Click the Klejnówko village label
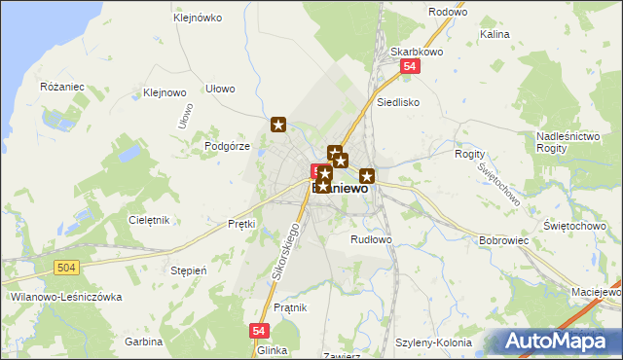tap(198, 18)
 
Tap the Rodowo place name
tap(448, 12)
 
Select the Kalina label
tap(495, 34)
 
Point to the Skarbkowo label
tap(410, 52)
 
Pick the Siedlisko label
tap(398, 100)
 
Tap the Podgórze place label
tap(228, 146)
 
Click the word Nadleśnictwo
tap(567, 136)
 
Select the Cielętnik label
tap(149, 220)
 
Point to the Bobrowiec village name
tap(503, 239)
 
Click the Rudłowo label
tap(371, 238)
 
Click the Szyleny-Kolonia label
tap(433, 342)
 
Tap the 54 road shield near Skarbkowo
tap(410, 67)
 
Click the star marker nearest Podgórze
tap(278, 124)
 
